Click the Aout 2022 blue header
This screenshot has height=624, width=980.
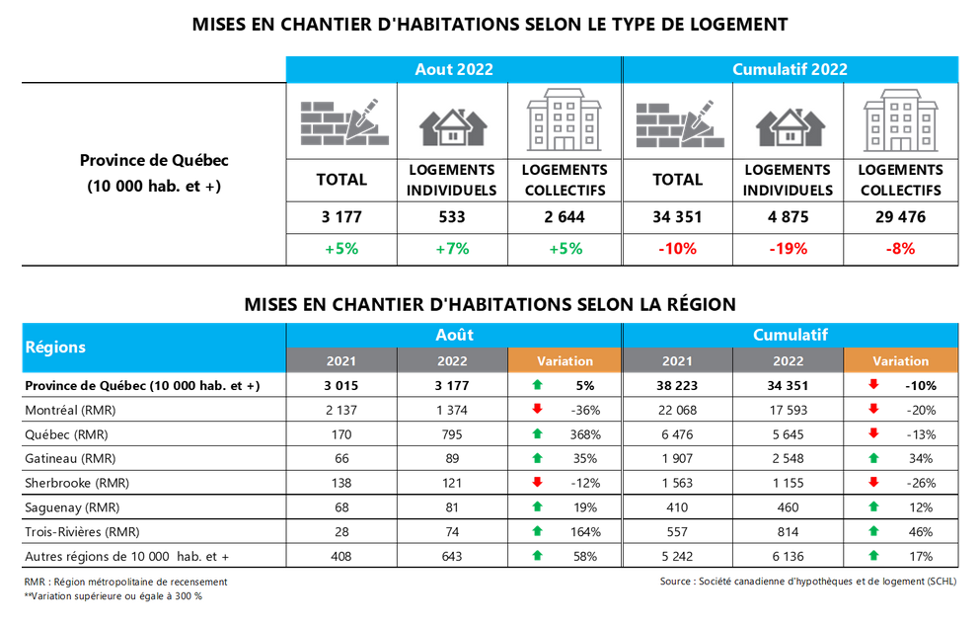453,69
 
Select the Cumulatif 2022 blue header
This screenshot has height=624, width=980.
790,69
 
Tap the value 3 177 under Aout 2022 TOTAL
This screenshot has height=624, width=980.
341,217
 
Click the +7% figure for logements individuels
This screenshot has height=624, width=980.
452,249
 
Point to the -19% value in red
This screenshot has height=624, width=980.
788,249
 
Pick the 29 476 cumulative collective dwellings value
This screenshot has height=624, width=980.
900,217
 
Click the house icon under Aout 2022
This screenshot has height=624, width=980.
452,123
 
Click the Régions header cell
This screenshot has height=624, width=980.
55,348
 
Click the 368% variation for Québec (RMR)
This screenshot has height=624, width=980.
582,434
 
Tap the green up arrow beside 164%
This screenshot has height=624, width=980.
536,531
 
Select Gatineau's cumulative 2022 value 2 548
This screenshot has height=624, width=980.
789,458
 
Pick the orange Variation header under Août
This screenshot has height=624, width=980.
565,361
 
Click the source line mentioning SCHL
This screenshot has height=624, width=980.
807,582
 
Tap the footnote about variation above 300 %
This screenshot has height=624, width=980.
113,596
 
